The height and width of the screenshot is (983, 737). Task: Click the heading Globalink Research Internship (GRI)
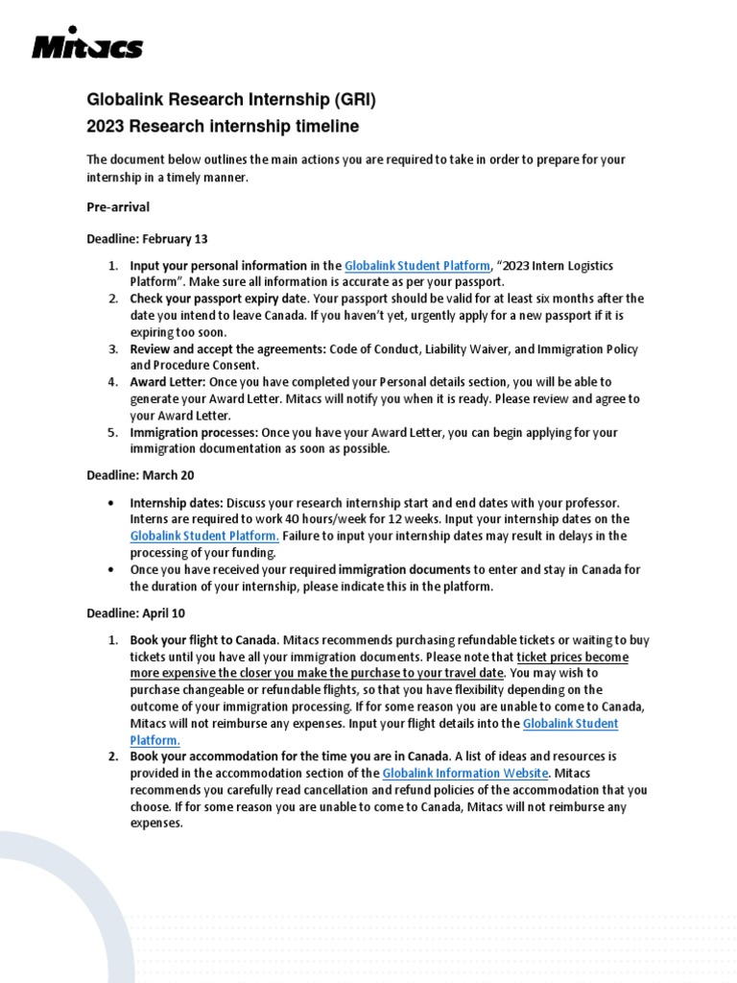click(231, 99)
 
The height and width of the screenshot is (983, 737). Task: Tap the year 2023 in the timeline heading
click(107, 126)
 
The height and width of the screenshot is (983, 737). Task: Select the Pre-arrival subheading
click(118, 206)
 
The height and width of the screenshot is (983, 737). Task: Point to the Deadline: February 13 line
click(147, 238)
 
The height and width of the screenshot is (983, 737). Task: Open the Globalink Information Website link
click(465, 773)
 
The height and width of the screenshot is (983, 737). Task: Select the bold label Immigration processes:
click(194, 433)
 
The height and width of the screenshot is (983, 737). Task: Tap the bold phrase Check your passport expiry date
click(206, 299)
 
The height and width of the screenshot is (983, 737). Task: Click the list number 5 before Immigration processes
click(111, 433)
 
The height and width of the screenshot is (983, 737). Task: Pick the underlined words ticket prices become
click(572, 657)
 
